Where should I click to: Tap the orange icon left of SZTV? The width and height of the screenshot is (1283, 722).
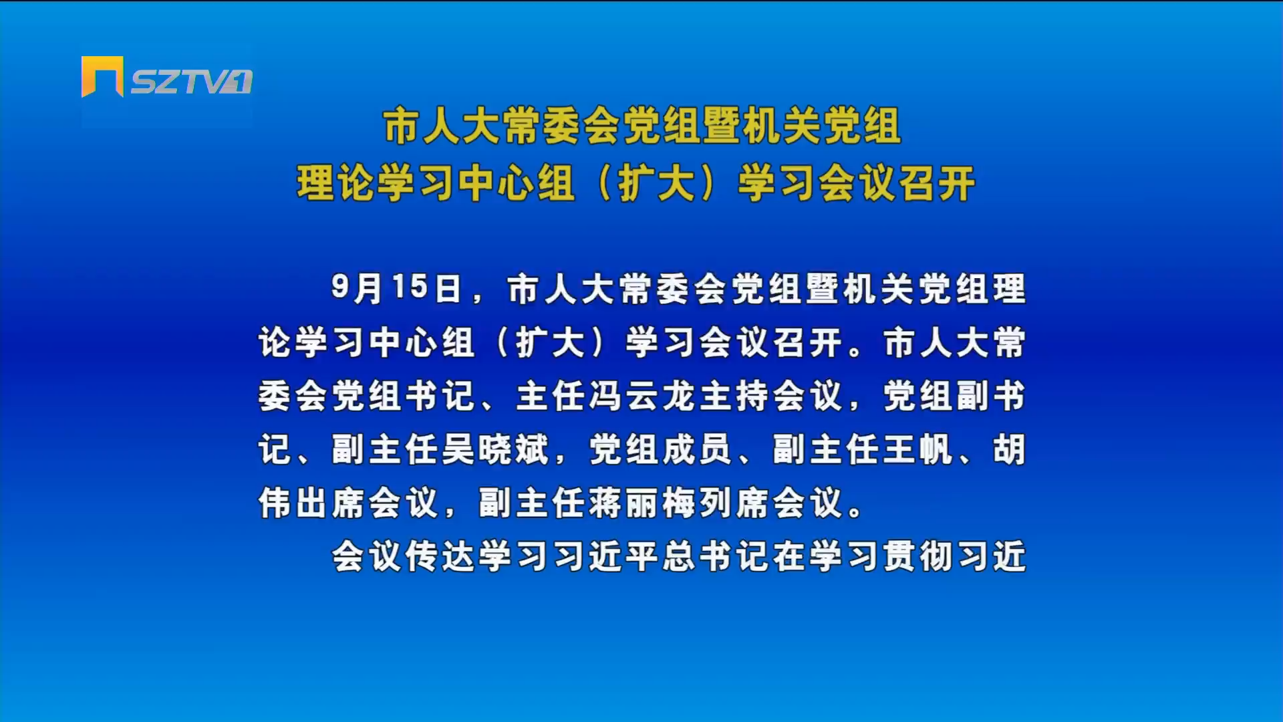(x=102, y=76)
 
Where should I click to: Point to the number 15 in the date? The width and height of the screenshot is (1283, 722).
(x=410, y=287)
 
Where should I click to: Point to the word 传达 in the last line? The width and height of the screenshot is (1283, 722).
(x=441, y=556)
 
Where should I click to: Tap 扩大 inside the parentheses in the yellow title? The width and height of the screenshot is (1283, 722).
(x=658, y=183)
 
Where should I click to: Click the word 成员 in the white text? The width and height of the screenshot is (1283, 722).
(x=697, y=449)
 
